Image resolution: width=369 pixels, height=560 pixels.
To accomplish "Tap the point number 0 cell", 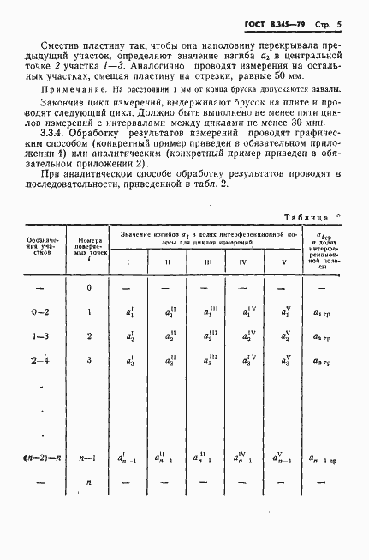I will [90, 288].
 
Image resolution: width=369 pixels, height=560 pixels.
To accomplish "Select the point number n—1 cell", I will [90, 460].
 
